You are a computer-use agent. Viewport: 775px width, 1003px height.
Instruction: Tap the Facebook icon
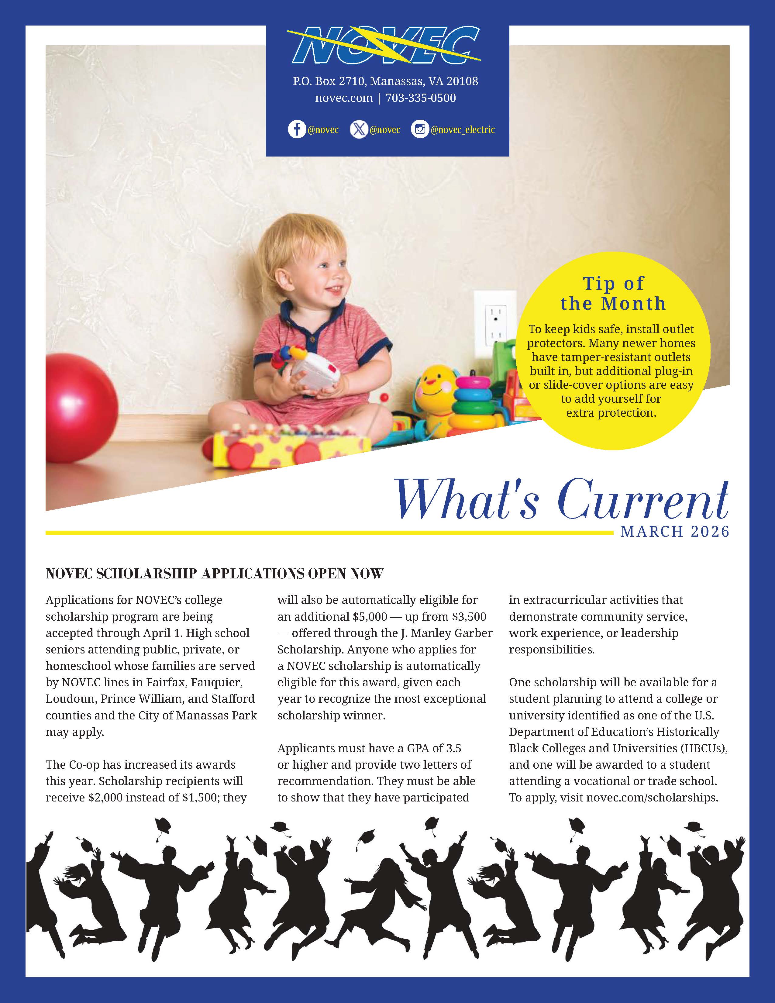(x=297, y=129)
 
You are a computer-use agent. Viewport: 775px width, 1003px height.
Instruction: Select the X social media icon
(x=359, y=129)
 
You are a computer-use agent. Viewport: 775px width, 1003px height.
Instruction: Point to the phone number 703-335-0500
(x=421, y=98)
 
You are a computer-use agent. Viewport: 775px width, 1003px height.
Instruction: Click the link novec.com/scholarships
(x=652, y=798)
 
